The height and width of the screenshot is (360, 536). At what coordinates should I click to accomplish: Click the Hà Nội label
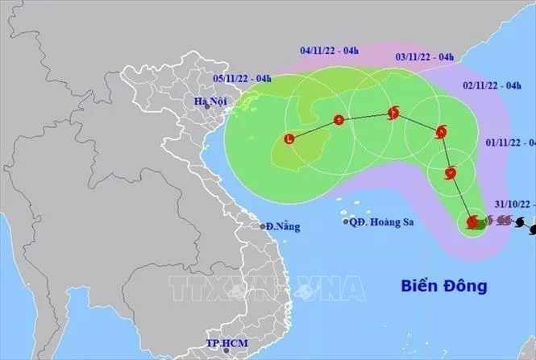(x=207, y=102)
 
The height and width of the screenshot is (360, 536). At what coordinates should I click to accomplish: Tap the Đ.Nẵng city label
(x=283, y=226)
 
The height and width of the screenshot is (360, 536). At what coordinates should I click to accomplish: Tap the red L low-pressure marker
(x=290, y=139)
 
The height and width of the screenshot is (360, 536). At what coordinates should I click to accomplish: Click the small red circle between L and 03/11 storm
(x=339, y=121)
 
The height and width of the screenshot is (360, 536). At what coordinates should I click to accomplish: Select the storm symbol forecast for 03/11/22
(x=393, y=114)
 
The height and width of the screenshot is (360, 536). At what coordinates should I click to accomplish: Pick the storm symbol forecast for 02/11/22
(x=441, y=132)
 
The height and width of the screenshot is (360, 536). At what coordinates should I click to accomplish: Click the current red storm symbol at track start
(x=473, y=221)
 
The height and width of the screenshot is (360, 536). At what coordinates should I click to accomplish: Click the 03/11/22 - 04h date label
(x=425, y=57)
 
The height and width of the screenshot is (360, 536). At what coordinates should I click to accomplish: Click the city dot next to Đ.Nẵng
(x=262, y=226)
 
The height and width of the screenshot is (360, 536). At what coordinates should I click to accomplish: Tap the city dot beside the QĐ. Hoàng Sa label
(x=346, y=221)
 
